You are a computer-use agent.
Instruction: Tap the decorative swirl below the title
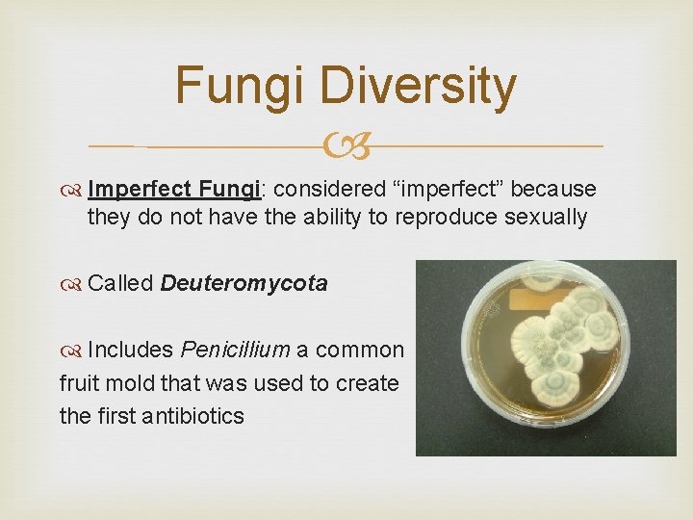point(346,147)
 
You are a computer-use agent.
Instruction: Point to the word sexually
point(546,217)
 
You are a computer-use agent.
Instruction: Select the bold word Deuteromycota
point(244,283)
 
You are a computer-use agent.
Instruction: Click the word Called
point(120,283)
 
